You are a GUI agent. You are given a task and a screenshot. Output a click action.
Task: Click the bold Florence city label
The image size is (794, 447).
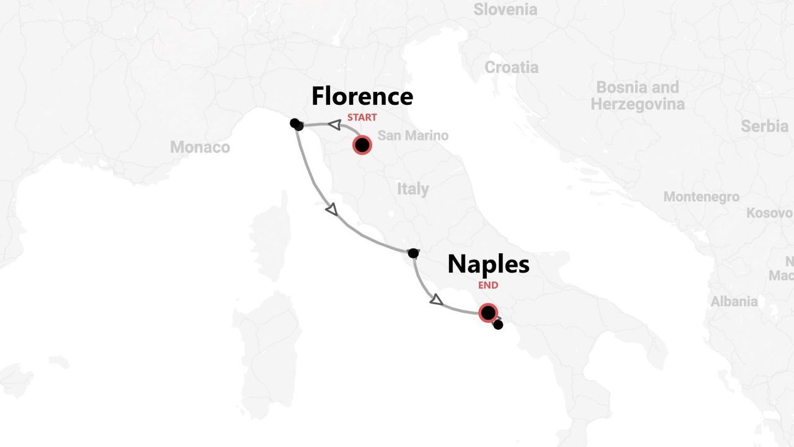click(362, 96)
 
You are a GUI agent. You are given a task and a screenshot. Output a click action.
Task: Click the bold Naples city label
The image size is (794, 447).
click(488, 264)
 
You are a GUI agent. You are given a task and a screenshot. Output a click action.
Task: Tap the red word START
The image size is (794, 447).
click(362, 117)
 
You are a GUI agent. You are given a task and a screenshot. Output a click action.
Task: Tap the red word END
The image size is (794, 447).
click(488, 286)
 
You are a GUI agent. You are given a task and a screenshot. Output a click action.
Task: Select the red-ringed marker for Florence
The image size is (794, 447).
click(362, 145)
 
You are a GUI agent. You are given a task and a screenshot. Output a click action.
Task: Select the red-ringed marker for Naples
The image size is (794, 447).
click(488, 312)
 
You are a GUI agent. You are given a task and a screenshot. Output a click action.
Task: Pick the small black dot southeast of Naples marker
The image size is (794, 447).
click(497, 325)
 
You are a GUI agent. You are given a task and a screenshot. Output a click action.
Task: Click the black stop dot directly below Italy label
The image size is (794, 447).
click(413, 253)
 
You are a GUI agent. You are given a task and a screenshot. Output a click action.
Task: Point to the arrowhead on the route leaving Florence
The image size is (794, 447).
click(334, 125)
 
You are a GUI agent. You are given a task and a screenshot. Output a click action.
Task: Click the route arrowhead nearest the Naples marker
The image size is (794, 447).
click(436, 300)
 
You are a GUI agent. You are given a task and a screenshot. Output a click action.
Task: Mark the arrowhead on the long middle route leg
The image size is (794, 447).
click(332, 210)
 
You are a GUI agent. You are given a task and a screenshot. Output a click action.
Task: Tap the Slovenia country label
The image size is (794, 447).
click(505, 9)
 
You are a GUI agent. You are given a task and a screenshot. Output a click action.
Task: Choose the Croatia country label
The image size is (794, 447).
click(511, 67)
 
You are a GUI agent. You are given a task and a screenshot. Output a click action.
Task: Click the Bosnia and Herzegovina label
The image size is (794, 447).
click(637, 95)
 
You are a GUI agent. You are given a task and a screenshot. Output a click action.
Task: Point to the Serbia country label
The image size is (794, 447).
click(764, 126)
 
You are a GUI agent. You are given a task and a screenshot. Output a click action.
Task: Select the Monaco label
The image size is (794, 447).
click(200, 147)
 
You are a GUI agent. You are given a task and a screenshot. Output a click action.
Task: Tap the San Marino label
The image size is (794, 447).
click(413, 135)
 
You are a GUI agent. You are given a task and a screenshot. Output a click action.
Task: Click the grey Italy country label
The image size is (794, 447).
click(413, 189)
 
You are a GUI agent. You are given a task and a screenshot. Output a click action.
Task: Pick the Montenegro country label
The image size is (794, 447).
click(701, 197)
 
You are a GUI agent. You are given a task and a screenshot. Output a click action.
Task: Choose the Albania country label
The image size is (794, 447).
click(734, 301)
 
